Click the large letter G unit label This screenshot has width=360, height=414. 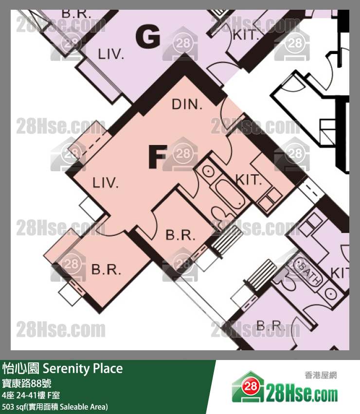[148, 38]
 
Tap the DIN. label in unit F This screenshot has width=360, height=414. [187, 104]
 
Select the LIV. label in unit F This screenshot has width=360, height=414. [106, 183]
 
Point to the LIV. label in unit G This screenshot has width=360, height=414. [111, 54]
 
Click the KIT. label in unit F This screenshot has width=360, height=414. [249, 180]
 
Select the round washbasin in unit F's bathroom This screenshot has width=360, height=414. [208, 171]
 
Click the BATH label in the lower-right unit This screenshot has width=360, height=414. [308, 273]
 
